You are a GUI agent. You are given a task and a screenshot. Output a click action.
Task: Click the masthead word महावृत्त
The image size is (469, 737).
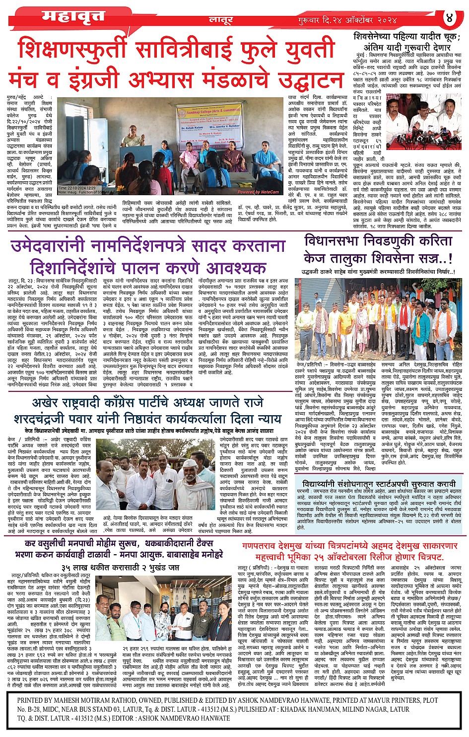click(73, 17)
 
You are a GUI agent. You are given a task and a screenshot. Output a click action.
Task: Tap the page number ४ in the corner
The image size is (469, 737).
click(450, 18)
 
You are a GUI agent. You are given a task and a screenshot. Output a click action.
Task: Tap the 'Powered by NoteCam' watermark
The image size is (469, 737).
click(258, 191)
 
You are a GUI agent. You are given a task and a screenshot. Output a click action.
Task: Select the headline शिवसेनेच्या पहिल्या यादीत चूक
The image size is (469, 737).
click(407, 37)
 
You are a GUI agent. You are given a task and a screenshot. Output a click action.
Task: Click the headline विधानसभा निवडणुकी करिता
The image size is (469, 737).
click(378, 241)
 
